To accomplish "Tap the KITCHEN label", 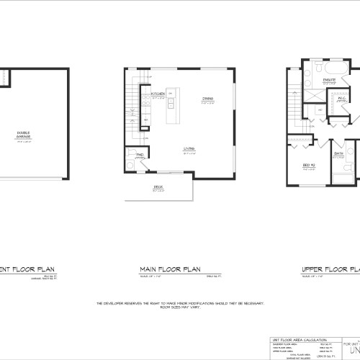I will pos(158,94).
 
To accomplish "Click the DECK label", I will pos(157,188).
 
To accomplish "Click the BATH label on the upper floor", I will pos(338,153).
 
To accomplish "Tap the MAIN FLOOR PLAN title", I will pos(169,270).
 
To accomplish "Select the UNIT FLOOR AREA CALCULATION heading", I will pos(295,319).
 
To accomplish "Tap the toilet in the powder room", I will pos(131,165).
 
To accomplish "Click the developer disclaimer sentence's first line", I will pos(180,304).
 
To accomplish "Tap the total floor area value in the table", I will pos(325,346).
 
